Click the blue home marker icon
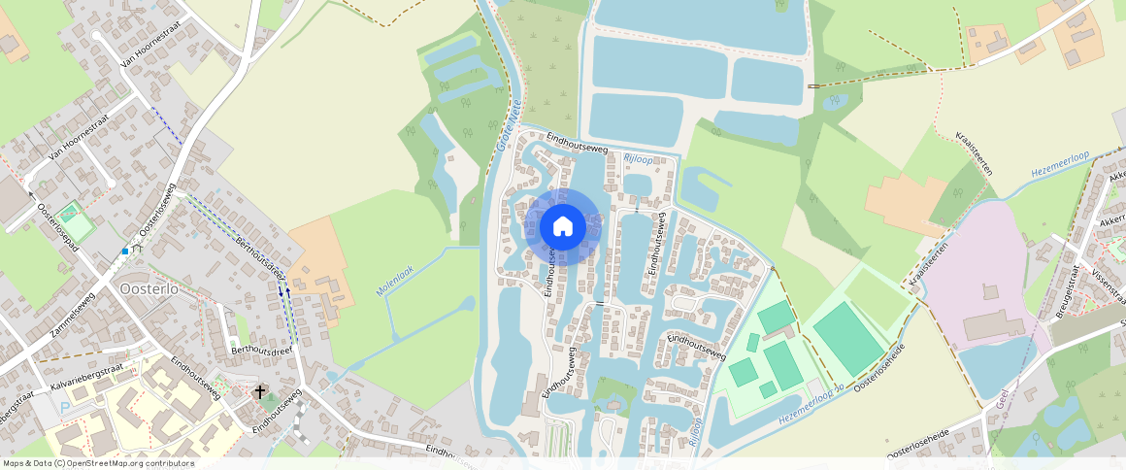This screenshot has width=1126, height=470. pos(563,227)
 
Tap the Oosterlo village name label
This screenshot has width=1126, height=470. pos(147,288)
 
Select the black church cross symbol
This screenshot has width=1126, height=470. pos(260,392)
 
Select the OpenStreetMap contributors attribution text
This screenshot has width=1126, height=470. pos(98,463)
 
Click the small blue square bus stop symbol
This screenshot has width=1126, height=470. pos(125,252)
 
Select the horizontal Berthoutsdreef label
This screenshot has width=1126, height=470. pos(261,350)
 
